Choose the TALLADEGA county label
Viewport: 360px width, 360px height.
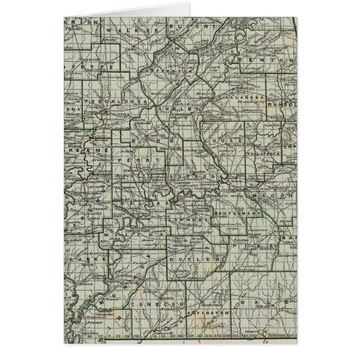240,99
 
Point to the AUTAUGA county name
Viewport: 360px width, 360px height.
189,175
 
